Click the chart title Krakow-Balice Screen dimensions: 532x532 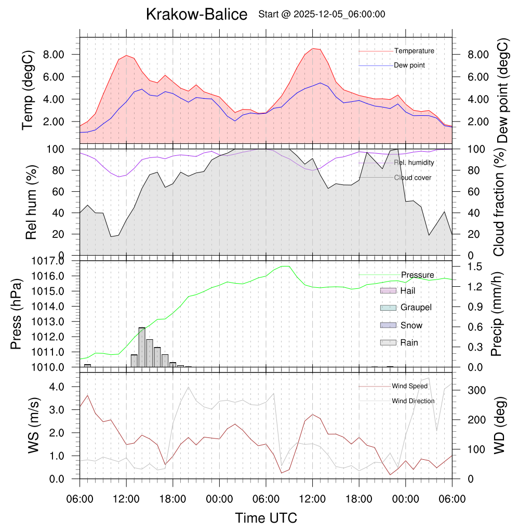pyautogui.click(x=196, y=15)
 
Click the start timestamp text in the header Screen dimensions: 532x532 pyautogui.click(x=322, y=15)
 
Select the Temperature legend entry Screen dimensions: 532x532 pyautogui.click(x=414, y=51)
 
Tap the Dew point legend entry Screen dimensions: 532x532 pyautogui.click(x=409, y=65)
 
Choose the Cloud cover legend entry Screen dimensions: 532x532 pyautogui.click(x=412, y=178)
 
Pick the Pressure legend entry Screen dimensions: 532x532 pyautogui.click(x=417, y=275)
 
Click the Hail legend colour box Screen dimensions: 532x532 pyautogui.click(x=388, y=291)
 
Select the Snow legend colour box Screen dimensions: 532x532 pyautogui.click(x=388, y=325)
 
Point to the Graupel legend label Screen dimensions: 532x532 pyautogui.click(x=416, y=308)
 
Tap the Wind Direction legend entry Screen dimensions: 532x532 pyautogui.click(x=413, y=401)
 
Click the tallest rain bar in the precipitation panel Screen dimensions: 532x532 pyautogui.click(x=142, y=347)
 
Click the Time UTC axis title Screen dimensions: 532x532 pyautogui.click(x=265, y=518)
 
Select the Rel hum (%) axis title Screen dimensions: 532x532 pyautogui.click(x=31, y=202)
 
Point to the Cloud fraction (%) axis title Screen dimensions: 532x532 pyautogui.click(x=499, y=202)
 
